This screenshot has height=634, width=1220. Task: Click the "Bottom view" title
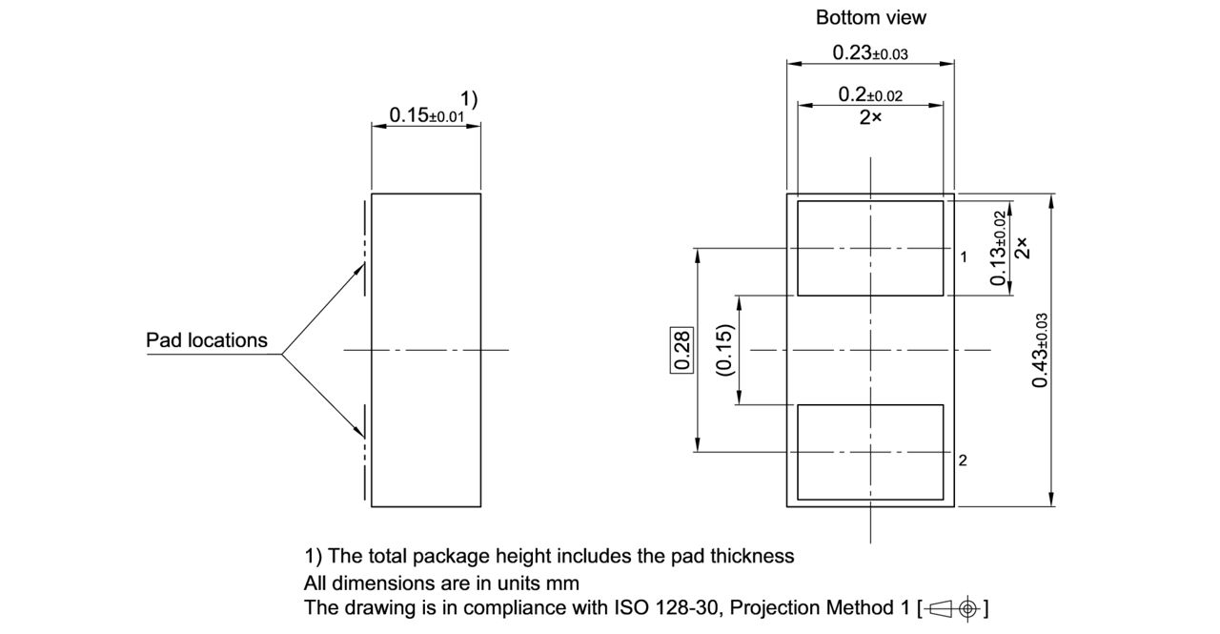coord(870,17)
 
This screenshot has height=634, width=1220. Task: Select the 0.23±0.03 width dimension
coord(869,53)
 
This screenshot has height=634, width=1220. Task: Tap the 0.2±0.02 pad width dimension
coord(869,94)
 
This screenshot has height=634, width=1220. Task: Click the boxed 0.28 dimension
coord(682,350)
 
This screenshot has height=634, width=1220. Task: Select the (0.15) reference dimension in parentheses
coord(725,350)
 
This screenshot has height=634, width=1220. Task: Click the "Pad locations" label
coord(207,340)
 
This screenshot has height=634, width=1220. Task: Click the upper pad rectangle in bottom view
coord(869,248)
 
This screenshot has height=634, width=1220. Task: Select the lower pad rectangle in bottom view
coord(869,452)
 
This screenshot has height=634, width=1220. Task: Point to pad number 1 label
coord(964,257)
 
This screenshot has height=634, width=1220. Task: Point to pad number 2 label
coord(963,460)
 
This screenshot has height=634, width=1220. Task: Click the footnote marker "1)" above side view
coord(469,98)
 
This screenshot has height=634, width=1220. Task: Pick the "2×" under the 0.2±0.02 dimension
coord(869,117)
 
